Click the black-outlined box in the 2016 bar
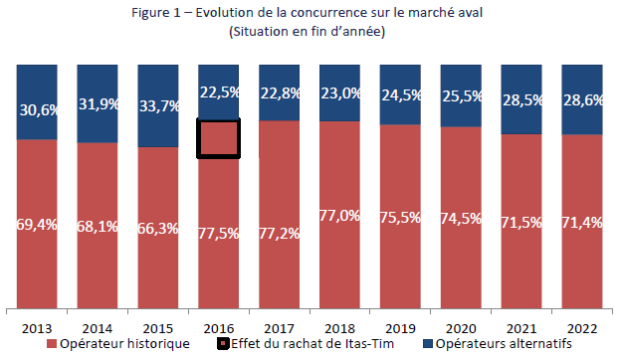(218, 138)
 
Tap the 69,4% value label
(37, 226)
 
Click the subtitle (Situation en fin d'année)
(307, 31)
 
